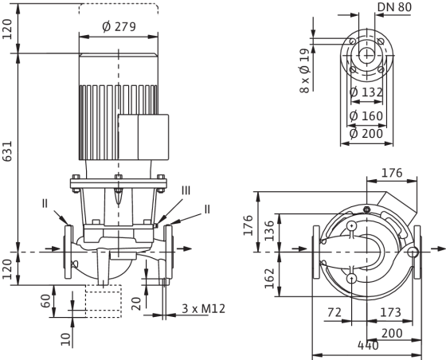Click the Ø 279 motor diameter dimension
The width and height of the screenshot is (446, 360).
(x=119, y=27)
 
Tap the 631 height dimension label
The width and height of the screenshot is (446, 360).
(x=7, y=151)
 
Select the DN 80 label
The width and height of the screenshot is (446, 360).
(x=394, y=7)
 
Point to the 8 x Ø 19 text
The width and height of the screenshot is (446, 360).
(x=304, y=71)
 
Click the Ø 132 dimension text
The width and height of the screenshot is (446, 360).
(x=366, y=92)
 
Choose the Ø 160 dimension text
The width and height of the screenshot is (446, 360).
(x=366, y=116)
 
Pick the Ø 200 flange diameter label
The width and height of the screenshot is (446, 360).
(x=366, y=134)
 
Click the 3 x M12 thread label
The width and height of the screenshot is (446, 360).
(x=204, y=308)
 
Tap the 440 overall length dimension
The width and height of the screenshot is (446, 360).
(x=368, y=346)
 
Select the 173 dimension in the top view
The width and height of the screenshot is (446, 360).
(x=390, y=312)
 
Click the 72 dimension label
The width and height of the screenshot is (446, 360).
(x=334, y=312)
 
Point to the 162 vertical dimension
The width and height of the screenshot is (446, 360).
(x=269, y=279)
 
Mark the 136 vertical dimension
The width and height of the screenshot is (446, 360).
(x=269, y=231)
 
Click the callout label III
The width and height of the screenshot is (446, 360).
(x=186, y=190)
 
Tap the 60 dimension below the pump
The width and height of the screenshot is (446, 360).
(x=45, y=301)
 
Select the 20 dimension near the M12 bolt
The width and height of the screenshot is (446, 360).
(x=136, y=303)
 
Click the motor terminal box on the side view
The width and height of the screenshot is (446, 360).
(x=143, y=137)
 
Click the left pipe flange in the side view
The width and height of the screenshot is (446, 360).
(x=68, y=252)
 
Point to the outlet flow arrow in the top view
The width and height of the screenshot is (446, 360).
(x=438, y=249)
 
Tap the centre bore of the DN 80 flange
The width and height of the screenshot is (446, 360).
(x=367, y=55)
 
